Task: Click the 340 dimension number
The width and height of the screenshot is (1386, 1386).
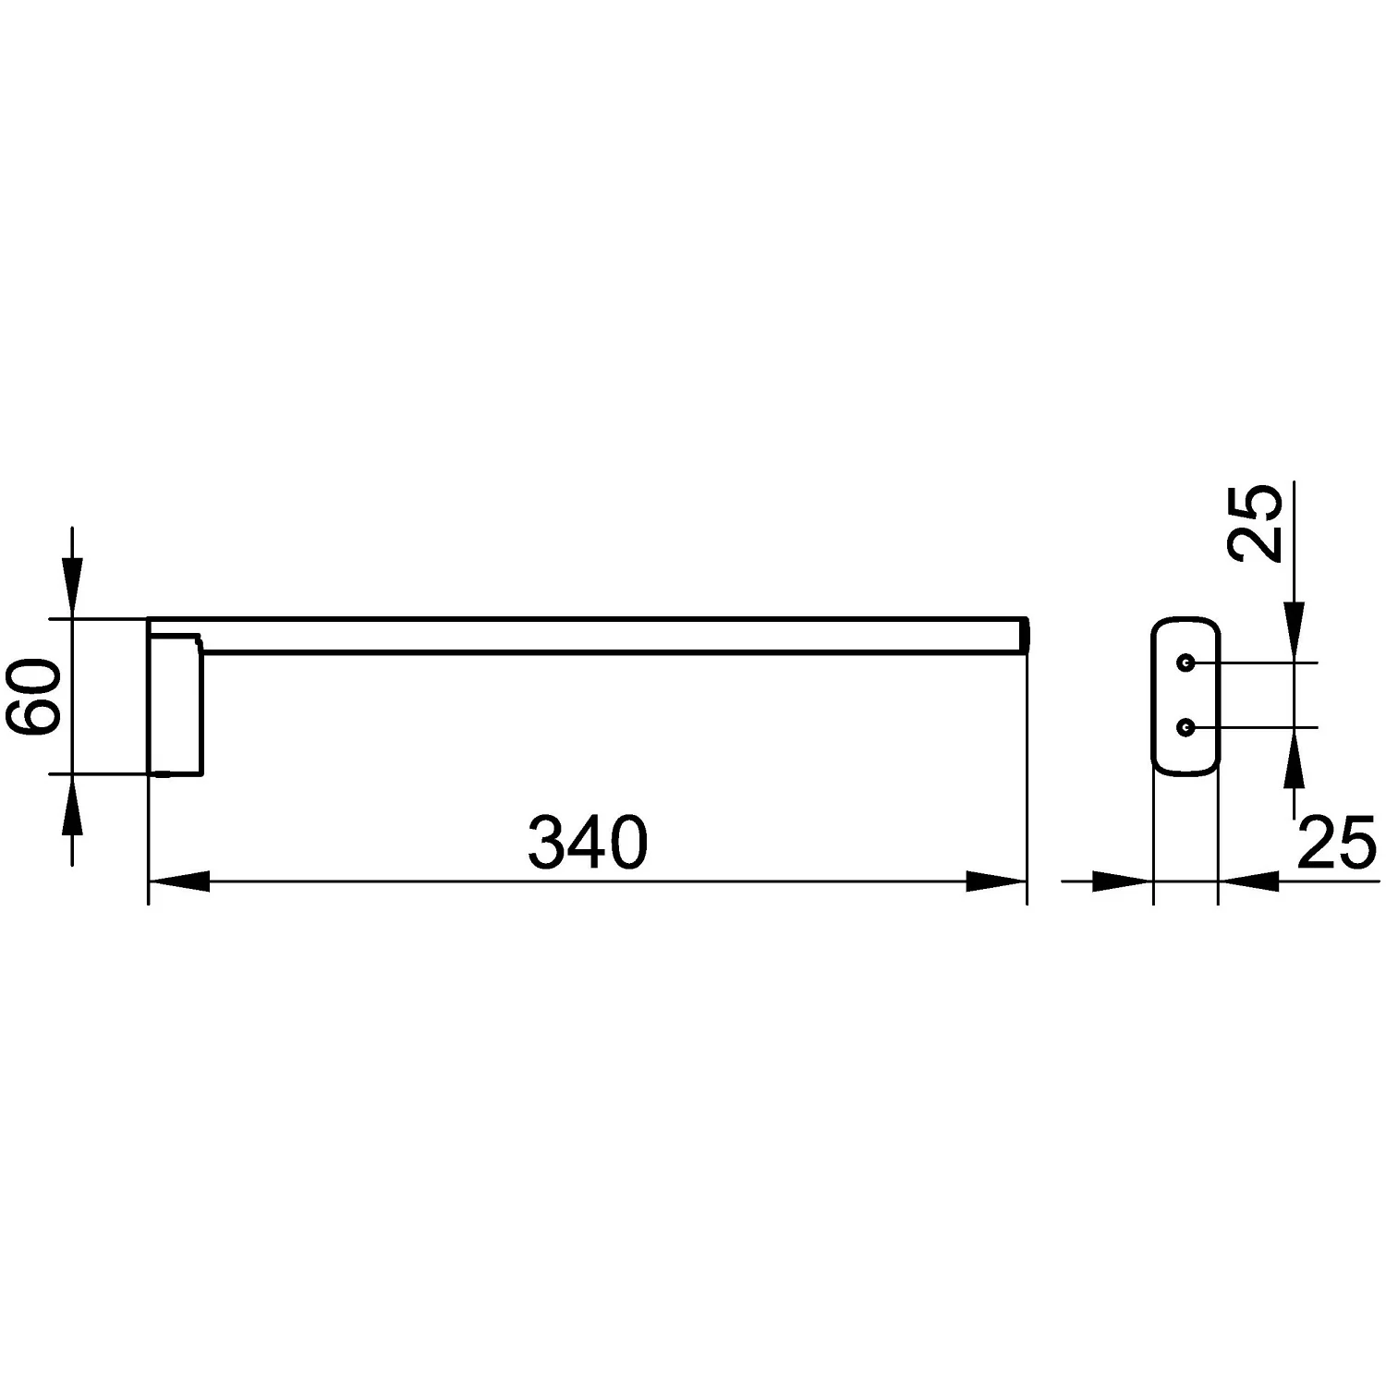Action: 588,841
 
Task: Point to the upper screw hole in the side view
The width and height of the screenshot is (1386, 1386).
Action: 1185,663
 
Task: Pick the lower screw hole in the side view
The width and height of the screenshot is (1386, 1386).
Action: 1185,728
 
